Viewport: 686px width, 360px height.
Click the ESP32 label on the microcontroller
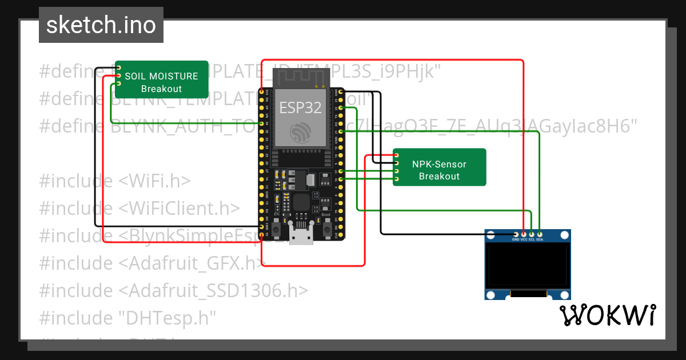300,107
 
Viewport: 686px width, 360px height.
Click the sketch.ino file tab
101,25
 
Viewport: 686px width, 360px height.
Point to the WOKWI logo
607,315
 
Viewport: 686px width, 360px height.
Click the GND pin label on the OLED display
516,239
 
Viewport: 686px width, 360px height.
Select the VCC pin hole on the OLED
524,234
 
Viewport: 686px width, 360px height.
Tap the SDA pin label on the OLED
540,239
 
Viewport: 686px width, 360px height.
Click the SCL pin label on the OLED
532,239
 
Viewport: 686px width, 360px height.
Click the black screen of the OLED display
528,266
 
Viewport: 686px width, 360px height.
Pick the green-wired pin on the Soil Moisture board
119,83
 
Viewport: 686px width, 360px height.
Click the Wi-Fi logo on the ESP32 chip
300,133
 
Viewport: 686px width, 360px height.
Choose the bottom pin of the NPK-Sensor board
396,179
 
